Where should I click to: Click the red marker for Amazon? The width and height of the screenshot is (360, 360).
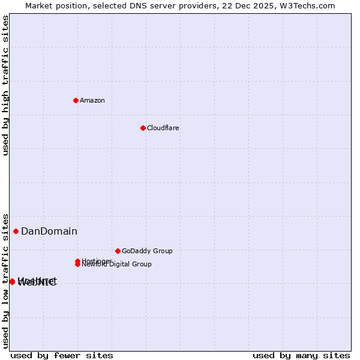click(x=76, y=100)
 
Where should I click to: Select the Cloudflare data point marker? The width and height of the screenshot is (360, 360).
click(x=143, y=128)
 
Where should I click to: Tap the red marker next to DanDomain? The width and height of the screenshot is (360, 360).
click(x=16, y=232)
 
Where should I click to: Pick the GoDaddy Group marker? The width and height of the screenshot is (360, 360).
click(x=118, y=251)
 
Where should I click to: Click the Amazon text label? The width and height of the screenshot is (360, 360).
click(x=92, y=100)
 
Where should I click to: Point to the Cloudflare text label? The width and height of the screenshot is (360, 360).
click(x=163, y=128)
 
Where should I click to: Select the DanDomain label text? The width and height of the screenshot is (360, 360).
click(x=49, y=232)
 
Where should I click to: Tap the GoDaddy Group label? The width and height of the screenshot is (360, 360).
click(x=147, y=251)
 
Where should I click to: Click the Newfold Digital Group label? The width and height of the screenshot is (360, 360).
click(x=117, y=265)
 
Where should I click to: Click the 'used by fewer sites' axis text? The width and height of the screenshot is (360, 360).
click(x=62, y=355)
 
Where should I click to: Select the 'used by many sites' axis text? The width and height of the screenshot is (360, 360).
click(x=301, y=355)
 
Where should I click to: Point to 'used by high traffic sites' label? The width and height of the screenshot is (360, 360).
click(x=6, y=85)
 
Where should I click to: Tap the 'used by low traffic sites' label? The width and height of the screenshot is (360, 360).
click(x=6, y=280)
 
